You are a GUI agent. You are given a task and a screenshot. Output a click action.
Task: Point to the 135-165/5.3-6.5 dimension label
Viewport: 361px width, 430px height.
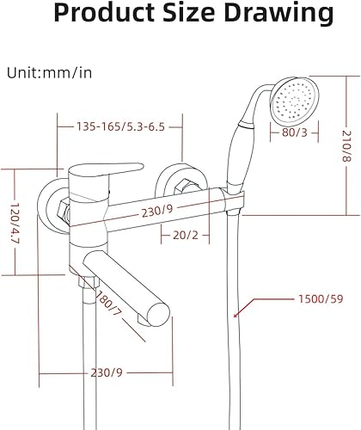tap(119, 127)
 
